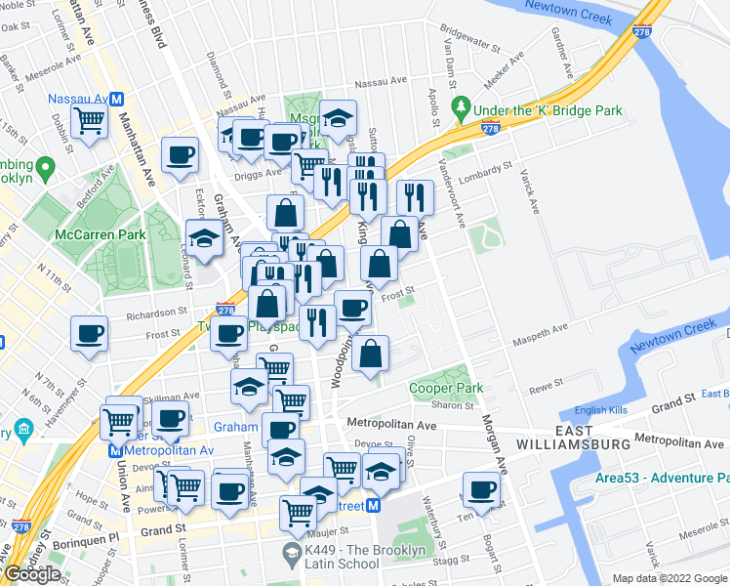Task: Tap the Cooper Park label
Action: pyautogui.click(x=446, y=388)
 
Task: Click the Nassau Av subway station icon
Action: pyautogui.click(x=116, y=99)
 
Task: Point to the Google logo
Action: pyautogui.click(x=32, y=574)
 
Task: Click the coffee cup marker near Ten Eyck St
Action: pyautogui.click(x=481, y=489)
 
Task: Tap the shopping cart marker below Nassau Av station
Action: pyautogui.click(x=89, y=122)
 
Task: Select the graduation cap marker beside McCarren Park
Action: pyautogui.click(x=205, y=238)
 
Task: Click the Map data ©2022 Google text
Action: pyautogui.click(x=668, y=578)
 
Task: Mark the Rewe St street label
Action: pyautogui.click(x=544, y=388)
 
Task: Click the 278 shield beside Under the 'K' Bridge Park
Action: pyautogui.click(x=491, y=128)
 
